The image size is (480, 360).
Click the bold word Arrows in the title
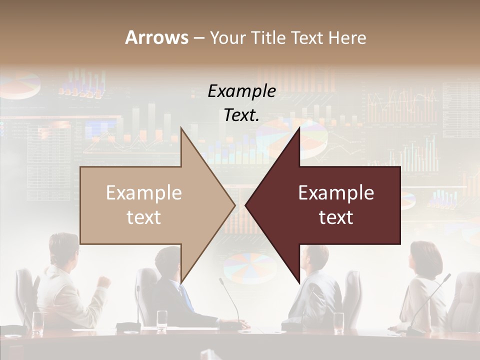pyautogui.click(x=156, y=37)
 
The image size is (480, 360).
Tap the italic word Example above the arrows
pyautogui.click(x=241, y=91)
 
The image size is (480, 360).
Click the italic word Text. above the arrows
pyautogui.click(x=241, y=115)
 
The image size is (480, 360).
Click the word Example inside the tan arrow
pyautogui.click(x=144, y=193)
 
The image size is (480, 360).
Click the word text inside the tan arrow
pyautogui.click(x=144, y=217)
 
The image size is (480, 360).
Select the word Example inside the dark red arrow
pyautogui.click(x=336, y=193)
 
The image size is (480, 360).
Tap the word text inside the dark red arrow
pyautogui.click(x=336, y=217)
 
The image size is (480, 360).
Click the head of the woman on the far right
pyautogui.click(x=424, y=257)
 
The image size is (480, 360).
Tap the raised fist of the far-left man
pyautogui.click(x=104, y=281)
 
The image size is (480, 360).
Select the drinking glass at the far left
pyautogui.click(x=38, y=322)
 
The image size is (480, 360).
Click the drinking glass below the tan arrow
pyautogui.click(x=162, y=320)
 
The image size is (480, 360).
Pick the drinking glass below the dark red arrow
pyautogui.click(x=338, y=322)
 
